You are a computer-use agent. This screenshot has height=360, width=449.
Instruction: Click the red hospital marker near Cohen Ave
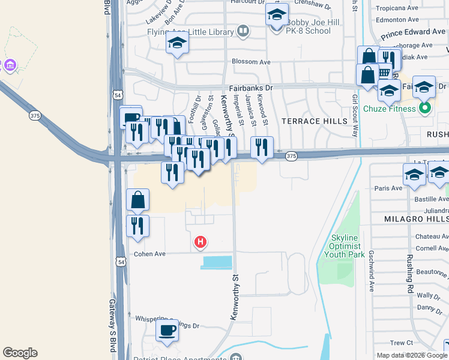point(200,242)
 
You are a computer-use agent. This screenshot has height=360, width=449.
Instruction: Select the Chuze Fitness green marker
point(426,109)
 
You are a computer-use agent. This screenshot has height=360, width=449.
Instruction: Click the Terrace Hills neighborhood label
point(318,121)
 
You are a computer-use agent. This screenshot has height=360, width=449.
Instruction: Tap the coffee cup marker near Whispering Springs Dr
point(167,329)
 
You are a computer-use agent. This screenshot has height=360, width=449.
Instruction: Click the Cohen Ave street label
point(149,254)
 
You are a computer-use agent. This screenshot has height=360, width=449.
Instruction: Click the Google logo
point(20,353)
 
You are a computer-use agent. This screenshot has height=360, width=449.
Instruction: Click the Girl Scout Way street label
point(355,115)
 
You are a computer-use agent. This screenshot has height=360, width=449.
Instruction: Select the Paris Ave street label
point(388,188)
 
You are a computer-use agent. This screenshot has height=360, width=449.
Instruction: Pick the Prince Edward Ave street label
point(413,32)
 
